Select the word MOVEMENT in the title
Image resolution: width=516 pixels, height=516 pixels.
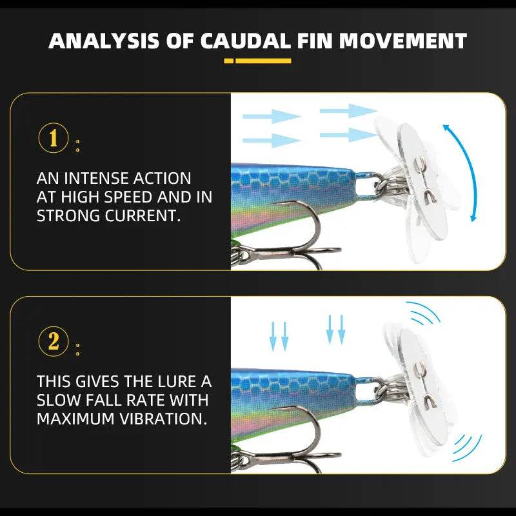[x=403, y=41]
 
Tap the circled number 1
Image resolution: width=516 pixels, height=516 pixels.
[x=53, y=138]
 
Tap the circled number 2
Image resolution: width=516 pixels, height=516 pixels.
[x=53, y=341]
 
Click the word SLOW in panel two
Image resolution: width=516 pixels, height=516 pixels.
[x=57, y=400]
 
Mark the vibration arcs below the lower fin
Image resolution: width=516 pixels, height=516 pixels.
[x=466, y=445]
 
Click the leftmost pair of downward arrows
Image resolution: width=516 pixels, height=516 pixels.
[x=279, y=334]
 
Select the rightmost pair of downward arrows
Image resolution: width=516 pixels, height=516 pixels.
[x=335, y=329]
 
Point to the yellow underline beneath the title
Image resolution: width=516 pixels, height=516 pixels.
[x=258, y=61]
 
